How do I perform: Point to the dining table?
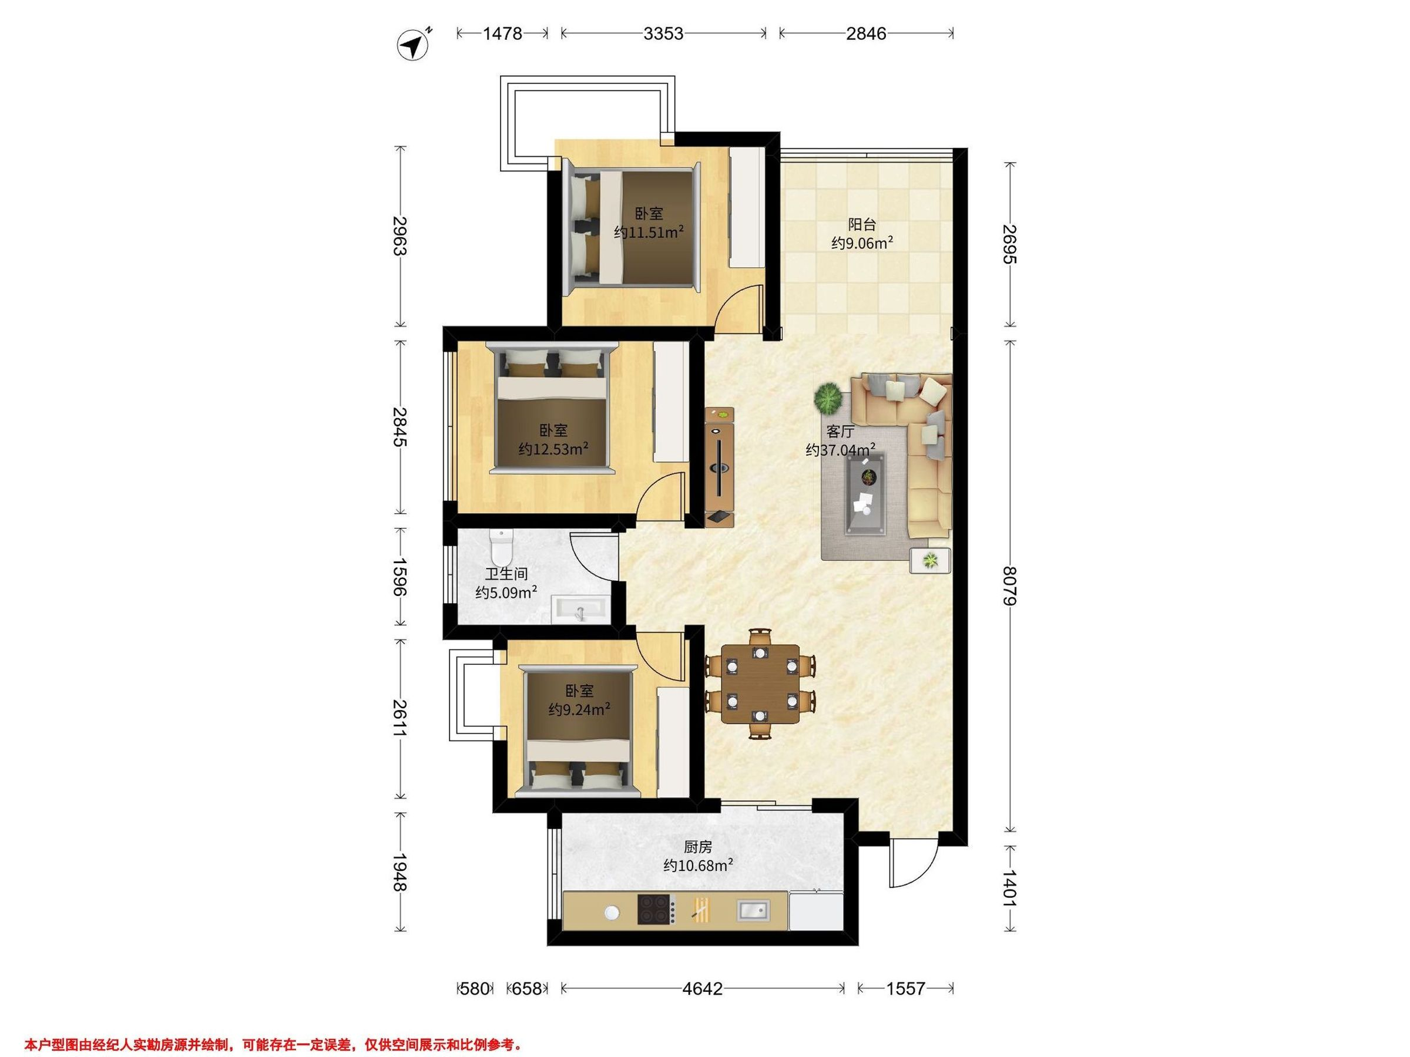(x=760, y=684)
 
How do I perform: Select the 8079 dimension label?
(x=1010, y=586)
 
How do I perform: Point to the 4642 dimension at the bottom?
(x=703, y=988)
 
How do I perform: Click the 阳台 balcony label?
(x=862, y=224)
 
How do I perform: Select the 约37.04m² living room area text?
(x=840, y=450)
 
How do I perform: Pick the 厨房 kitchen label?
(x=697, y=847)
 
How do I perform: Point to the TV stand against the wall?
(x=720, y=467)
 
